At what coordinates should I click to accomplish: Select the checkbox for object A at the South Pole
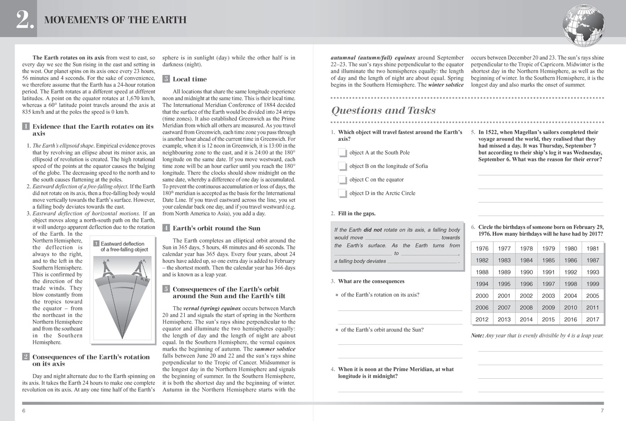click(342, 153)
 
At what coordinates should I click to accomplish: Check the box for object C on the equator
click(342, 180)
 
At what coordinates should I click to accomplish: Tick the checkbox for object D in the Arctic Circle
click(342, 194)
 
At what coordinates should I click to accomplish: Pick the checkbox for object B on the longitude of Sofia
click(342, 166)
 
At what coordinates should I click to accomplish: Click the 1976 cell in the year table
click(482, 249)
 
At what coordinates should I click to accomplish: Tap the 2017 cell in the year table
click(593, 319)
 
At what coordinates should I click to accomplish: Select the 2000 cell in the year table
click(482, 296)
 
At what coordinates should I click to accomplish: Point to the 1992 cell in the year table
click(571, 272)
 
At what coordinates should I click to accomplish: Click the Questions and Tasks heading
click(383, 110)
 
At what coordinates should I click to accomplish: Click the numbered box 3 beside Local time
click(166, 79)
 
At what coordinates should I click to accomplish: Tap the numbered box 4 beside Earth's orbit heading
click(166, 228)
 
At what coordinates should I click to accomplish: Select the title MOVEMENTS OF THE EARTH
click(116, 21)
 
